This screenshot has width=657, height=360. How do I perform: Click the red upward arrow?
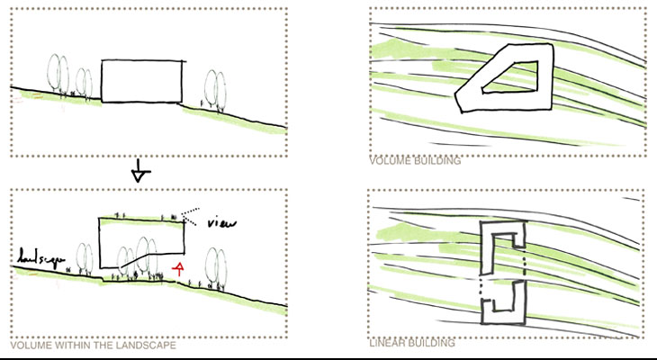point(178,269)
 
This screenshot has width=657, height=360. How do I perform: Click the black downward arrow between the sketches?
point(139,171)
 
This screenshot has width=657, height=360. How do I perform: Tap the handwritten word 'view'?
point(221,223)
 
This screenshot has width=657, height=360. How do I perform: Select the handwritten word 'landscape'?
point(41,256)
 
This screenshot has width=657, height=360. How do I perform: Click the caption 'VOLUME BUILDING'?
point(415,161)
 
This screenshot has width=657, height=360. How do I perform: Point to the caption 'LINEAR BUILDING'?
point(412,343)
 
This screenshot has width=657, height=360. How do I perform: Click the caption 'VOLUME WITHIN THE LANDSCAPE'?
point(93,346)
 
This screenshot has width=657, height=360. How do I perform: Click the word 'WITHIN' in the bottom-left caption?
point(72,346)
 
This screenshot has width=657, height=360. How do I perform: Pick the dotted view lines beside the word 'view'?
point(190,216)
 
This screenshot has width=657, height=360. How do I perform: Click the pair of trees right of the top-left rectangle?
point(215,91)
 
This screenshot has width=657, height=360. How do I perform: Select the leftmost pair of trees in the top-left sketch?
point(58,75)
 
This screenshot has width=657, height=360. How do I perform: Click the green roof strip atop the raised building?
point(140,220)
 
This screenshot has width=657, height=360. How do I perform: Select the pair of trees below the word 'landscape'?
point(85,259)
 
